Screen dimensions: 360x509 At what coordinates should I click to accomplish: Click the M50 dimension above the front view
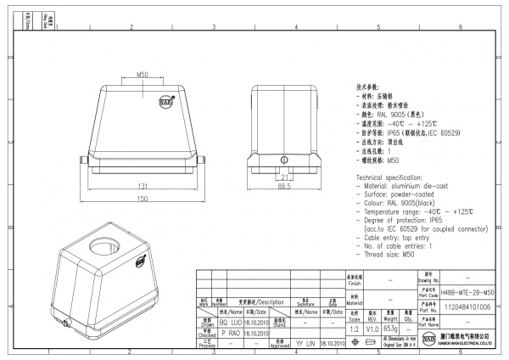[143, 76]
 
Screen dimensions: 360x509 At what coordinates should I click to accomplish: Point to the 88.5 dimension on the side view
[284, 186]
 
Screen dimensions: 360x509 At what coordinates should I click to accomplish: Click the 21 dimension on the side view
[284, 176]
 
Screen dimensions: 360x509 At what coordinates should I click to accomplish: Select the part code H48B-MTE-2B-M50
[464, 291]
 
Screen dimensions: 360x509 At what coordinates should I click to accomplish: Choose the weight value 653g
[391, 327]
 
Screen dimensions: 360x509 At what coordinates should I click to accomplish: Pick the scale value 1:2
[353, 327]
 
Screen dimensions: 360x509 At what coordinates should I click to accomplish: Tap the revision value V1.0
[372, 327]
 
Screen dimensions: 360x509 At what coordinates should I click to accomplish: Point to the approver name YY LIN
[305, 344]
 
